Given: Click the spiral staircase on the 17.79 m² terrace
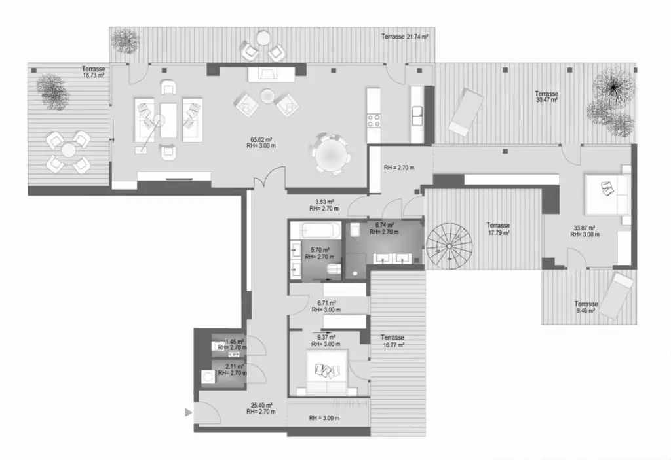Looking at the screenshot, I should tap(450, 245).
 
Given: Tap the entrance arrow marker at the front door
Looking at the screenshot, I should tap(189, 412).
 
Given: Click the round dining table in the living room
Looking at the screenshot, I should tap(332, 154).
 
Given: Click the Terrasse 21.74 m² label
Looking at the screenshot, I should tap(404, 37).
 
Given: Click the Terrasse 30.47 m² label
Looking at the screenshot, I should tap(546, 97).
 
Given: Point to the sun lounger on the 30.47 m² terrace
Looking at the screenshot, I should tap(466, 111).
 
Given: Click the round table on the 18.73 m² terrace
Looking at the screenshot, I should tap(69, 150).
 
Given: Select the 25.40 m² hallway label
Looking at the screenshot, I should tap(260, 408).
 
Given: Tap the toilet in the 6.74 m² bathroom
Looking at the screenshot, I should tap(353, 230).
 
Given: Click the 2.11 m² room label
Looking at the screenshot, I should tap(234, 369).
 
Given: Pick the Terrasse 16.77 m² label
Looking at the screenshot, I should tap(392, 341).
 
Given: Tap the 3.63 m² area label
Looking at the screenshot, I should tap(322, 205).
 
